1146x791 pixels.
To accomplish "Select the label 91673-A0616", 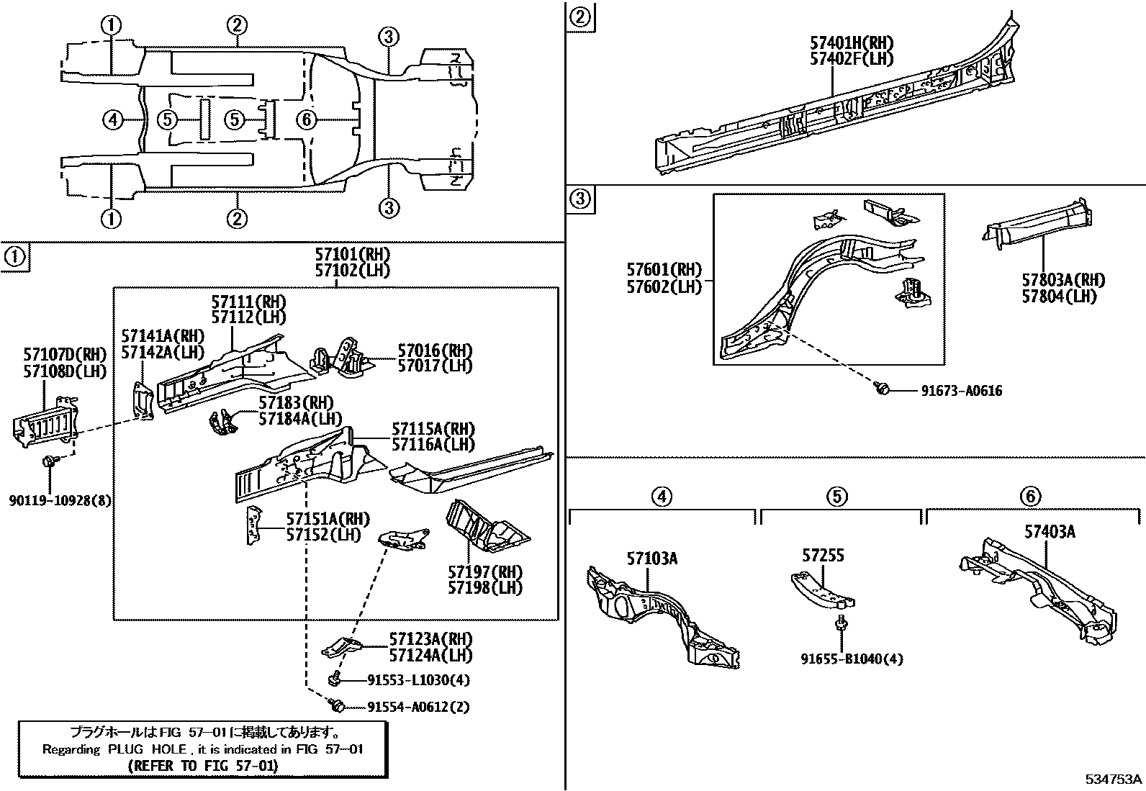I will pos(961,391).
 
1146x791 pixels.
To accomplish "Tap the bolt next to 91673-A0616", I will pos(881,389).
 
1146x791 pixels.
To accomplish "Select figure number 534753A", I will pos(1114,779).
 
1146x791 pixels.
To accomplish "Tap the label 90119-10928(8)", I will pos(60,500).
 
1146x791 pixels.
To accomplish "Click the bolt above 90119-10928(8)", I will pos(49,462).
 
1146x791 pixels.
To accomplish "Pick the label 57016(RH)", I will pos(435,351).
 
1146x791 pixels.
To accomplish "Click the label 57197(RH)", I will pos(485,572).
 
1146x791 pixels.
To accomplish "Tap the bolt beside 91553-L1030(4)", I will pos(335,678).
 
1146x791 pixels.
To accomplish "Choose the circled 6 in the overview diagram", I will pos(307,119).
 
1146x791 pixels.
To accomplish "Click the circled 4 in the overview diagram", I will pos(113,119).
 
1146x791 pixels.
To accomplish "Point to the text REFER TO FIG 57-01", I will pos(202,766).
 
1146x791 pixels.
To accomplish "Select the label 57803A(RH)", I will pos(1062,281).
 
